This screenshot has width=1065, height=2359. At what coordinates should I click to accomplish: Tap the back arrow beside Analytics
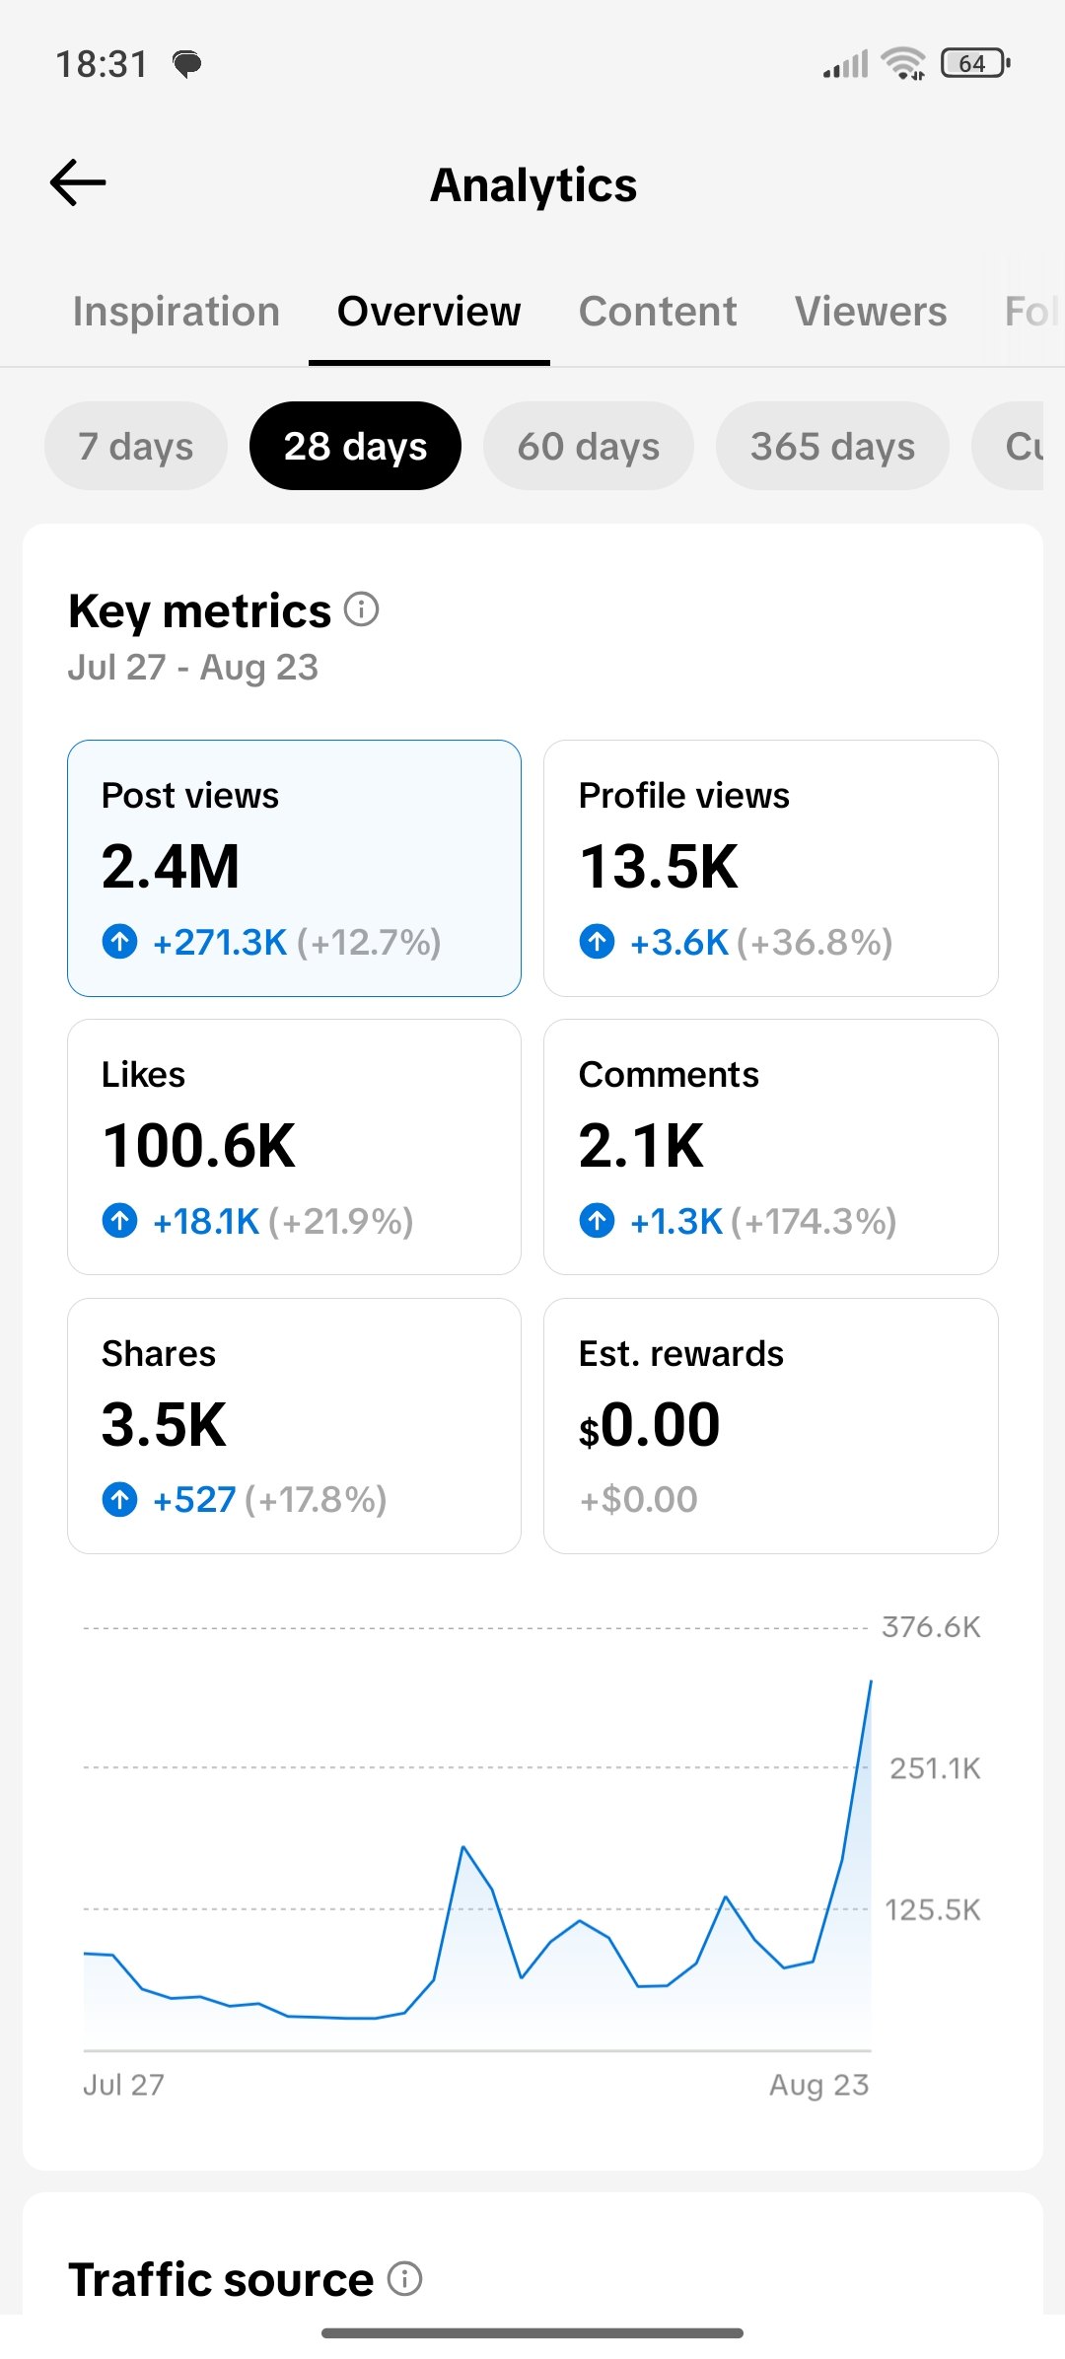(x=78, y=182)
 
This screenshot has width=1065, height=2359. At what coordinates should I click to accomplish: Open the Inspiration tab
(x=177, y=312)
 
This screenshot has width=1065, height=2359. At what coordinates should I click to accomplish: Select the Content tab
(x=658, y=312)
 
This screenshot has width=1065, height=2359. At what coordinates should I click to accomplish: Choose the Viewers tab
(x=871, y=312)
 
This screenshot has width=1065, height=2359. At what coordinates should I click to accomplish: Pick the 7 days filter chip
(x=136, y=446)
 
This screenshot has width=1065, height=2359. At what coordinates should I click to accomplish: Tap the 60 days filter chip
(x=589, y=446)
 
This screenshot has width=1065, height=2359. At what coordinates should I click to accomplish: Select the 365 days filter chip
(x=832, y=446)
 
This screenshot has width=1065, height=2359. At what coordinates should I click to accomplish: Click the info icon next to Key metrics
(x=362, y=609)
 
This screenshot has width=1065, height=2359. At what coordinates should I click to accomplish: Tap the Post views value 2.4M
(x=171, y=867)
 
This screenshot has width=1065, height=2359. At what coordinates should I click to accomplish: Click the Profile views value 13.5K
(x=659, y=867)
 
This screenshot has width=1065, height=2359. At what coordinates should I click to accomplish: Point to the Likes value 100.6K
(x=199, y=1146)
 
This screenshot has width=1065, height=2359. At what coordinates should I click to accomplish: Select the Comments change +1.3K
(x=676, y=1222)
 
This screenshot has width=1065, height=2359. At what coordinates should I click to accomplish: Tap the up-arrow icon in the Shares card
(x=120, y=1500)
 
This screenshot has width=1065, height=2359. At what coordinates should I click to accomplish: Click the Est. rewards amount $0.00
(x=650, y=1425)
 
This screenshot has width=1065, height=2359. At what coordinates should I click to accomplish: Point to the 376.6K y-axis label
(x=931, y=1627)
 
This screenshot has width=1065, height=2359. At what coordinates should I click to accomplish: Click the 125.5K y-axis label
(x=933, y=1910)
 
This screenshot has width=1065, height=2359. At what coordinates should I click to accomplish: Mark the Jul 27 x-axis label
(x=123, y=2085)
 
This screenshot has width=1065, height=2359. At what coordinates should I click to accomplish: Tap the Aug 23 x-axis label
(x=819, y=2085)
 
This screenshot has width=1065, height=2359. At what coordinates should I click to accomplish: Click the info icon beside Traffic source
(x=404, y=2278)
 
